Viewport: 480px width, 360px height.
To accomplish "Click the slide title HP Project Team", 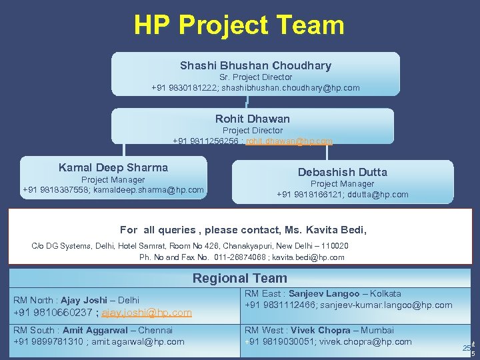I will pos(239,25).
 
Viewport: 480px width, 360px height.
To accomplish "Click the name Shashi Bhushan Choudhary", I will pos(255,65).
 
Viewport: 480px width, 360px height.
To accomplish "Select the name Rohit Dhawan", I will pos(253,119).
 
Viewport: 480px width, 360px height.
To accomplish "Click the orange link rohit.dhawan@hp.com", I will pos(289,141).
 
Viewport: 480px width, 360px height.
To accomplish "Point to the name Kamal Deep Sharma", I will pos(113,167).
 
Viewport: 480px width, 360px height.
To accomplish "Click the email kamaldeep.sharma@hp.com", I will pos(153,190).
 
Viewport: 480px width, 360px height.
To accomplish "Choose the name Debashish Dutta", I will pos(342,172).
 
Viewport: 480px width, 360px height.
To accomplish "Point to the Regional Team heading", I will pos(240,278).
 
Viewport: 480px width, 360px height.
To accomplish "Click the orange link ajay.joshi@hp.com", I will pos(147,312).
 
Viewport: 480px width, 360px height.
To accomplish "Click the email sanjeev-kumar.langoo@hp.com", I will pos(385,305).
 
